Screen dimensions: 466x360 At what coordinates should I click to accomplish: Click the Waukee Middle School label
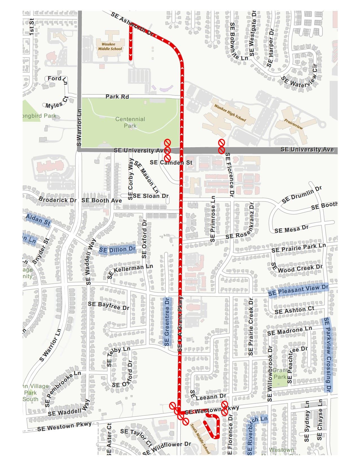(x=110, y=47)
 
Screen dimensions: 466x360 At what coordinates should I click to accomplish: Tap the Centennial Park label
(x=130, y=122)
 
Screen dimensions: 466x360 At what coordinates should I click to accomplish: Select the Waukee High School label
(x=230, y=113)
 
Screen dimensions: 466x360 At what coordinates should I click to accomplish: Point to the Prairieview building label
(x=294, y=124)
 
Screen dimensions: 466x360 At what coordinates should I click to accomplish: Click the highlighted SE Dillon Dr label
(x=117, y=250)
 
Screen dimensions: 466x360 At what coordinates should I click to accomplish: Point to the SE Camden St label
(x=171, y=162)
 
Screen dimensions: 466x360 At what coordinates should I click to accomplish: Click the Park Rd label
(x=117, y=97)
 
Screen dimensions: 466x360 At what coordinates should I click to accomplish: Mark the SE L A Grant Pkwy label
(x=180, y=324)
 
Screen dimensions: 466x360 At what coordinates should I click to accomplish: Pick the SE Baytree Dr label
(x=108, y=305)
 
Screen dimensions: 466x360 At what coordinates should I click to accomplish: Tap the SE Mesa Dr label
(x=291, y=229)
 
